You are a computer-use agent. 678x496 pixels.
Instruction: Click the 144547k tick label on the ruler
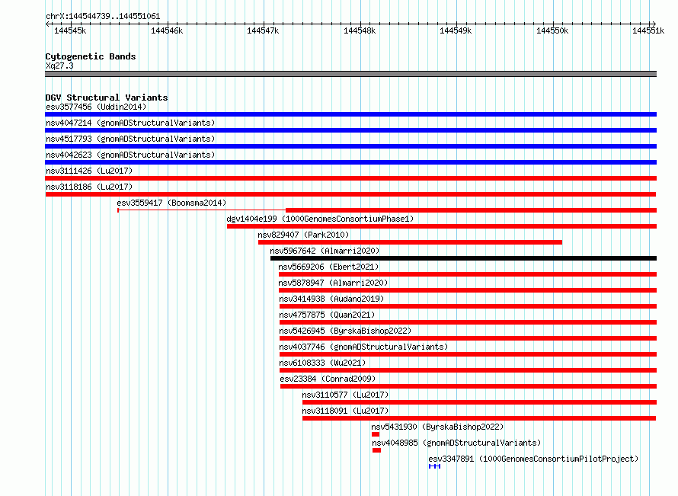click(263, 30)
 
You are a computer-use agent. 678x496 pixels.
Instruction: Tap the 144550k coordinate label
click(552, 30)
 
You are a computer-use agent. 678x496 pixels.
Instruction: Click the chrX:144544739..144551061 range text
click(103, 17)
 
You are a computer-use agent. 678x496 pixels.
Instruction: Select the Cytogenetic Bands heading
click(91, 56)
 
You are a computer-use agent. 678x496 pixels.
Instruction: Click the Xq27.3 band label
click(59, 66)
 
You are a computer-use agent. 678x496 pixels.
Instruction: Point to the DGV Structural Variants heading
click(107, 98)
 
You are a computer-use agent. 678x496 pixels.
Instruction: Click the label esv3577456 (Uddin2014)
click(96, 107)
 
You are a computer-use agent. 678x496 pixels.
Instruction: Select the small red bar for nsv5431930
click(376, 434)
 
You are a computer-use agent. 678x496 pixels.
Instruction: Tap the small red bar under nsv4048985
click(376, 450)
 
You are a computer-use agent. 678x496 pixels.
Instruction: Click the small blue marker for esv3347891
click(434, 466)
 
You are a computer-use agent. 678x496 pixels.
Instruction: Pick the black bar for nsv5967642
click(463, 258)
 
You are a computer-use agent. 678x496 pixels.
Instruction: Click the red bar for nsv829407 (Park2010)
click(410, 242)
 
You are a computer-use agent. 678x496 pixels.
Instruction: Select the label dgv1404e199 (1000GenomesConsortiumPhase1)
click(320, 219)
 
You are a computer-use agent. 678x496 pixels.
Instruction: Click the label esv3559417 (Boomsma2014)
click(171, 203)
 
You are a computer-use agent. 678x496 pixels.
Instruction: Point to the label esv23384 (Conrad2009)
click(328, 379)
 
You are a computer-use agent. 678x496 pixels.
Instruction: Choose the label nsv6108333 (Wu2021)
click(322, 363)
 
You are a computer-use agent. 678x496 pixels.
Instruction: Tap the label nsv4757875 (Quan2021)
click(327, 315)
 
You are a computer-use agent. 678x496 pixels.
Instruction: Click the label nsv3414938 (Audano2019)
click(331, 299)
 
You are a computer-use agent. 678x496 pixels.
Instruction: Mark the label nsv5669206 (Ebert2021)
click(328, 267)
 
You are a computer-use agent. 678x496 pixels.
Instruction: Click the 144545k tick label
click(70, 30)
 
